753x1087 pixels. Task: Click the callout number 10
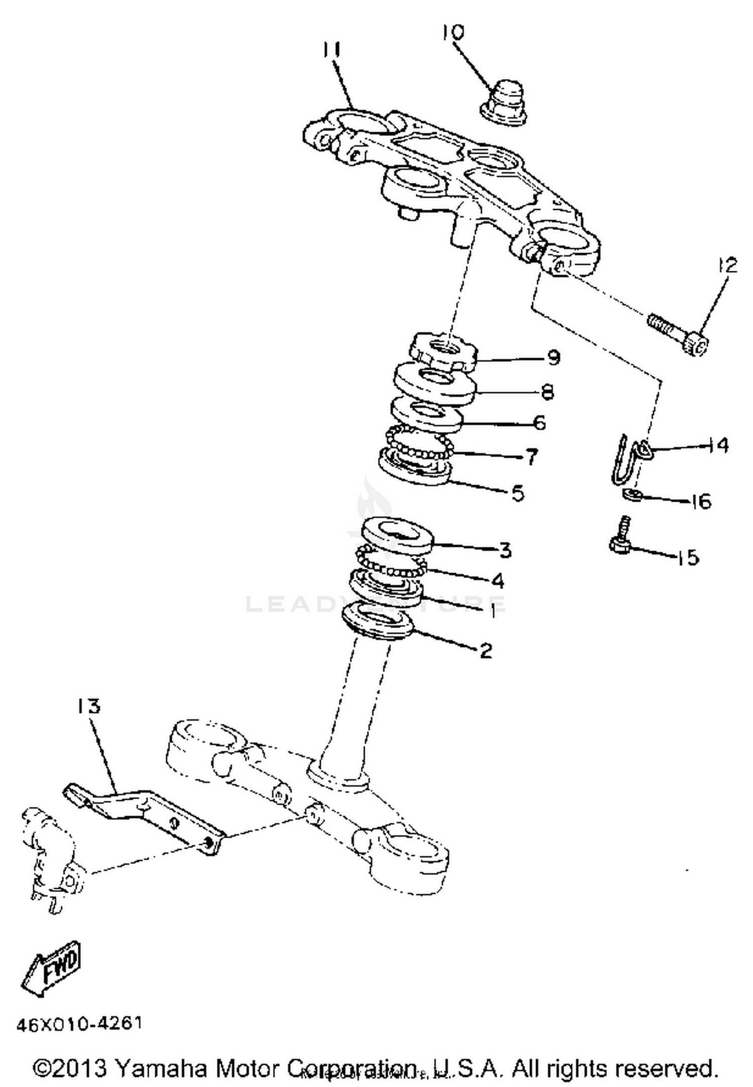pyautogui.click(x=453, y=33)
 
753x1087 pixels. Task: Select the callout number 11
pyautogui.click(x=332, y=50)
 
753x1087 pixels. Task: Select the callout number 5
pyautogui.click(x=518, y=493)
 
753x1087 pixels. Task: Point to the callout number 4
pyautogui.click(x=497, y=581)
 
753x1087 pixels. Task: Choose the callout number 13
pyautogui.click(x=89, y=706)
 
